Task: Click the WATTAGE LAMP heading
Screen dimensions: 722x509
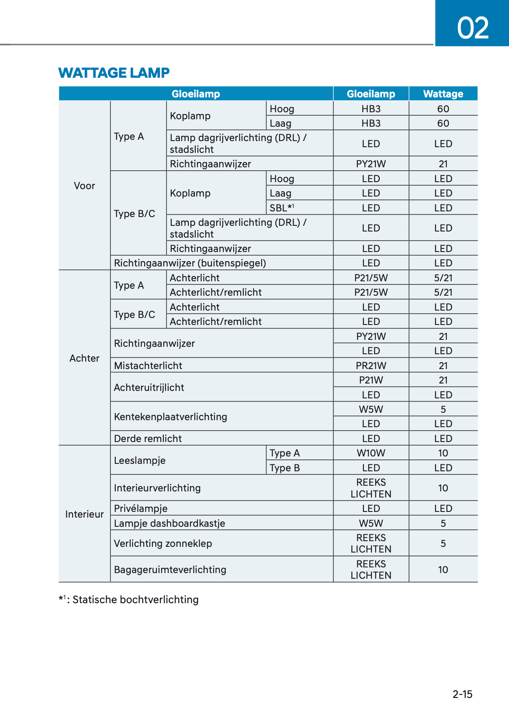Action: [114, 73]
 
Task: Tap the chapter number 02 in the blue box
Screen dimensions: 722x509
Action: [472, 28]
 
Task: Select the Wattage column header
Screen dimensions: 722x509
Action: [443, 94]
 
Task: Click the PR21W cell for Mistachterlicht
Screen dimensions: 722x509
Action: [370, 366]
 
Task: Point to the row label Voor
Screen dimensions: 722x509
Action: [84, 186]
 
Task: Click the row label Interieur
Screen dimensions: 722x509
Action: [84, 514]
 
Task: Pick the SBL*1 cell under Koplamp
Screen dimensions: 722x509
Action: [281, 208]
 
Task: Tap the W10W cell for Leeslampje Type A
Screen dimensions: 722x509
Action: [370, 453]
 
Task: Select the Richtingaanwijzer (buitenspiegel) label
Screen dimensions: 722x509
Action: [190, 263]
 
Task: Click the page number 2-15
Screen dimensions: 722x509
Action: [462, 694]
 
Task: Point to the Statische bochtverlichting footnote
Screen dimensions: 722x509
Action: [129, 600]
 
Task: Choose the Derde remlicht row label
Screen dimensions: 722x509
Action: [148, 439]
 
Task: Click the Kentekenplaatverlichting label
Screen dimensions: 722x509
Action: [170, 417]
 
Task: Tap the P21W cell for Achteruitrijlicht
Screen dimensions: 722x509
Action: [370, 380]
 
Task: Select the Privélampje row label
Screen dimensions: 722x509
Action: [141, 508]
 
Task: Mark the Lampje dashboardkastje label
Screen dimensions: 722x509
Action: [170, 523]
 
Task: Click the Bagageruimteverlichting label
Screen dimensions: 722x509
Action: [170, 570]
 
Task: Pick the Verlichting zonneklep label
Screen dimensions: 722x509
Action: [163, 543]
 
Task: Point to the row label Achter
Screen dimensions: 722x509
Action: [84, 358]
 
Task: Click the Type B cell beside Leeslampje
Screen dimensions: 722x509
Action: [284, 468]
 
